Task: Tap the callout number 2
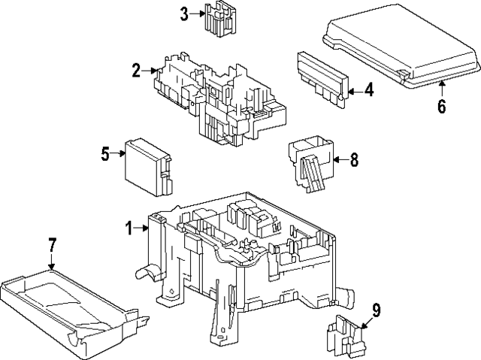pyautogui.click(x=136, y=71)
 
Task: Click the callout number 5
pyautogui.click(x=106, y=155)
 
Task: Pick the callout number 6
pyautogui.click(x=441, y=105)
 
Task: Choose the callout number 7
pyautogui.click(x=51, y=246)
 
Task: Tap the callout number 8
pyautogui.click(x=354, y=159)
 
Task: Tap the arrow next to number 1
pyautogui.click(x=141, y=228)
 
